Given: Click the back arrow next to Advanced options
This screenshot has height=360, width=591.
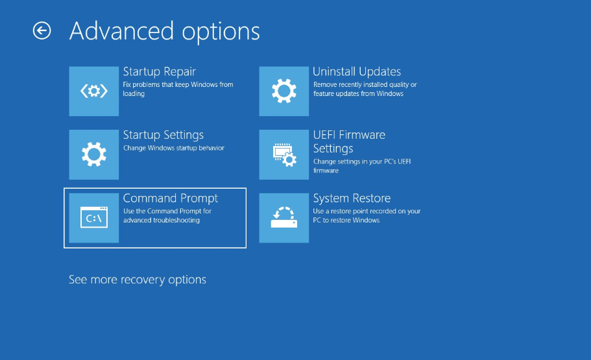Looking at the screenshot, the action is tap(42, 30).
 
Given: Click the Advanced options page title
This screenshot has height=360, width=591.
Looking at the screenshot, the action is tap(165, 31).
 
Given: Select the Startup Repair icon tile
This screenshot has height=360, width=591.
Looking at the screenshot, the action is tap(94, 91).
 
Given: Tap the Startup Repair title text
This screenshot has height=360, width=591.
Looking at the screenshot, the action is tap(160, 71).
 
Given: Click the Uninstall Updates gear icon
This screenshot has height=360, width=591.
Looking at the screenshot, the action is tap(283, 91).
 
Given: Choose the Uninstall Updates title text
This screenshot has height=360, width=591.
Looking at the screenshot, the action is tap(357, 71).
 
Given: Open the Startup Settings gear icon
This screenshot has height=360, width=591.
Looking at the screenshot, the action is tap(94, 154).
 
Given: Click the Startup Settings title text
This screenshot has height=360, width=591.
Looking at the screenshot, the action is tap(163, 135).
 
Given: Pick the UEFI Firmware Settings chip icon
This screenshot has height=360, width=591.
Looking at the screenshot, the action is tap(283, 154).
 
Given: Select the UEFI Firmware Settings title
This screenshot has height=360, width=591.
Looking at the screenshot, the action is tap(349, 142).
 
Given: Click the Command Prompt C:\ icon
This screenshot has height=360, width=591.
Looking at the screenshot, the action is tap(94, 218).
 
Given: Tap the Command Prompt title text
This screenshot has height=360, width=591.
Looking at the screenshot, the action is tap(171, 198).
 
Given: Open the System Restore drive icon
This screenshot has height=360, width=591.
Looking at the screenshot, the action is tap(283, 218).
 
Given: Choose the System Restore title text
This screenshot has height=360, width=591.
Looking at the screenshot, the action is tap(352, 198).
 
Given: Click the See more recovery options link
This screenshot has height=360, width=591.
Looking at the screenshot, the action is tap(137, 280).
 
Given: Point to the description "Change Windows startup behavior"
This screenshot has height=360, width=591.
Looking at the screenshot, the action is tap(174, 148).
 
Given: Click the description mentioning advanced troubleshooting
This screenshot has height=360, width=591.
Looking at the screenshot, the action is tap(167, 215).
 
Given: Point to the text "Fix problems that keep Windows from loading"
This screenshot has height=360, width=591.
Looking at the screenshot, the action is tap(178, 89).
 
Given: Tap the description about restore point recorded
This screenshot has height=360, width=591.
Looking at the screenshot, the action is tap(367, 215).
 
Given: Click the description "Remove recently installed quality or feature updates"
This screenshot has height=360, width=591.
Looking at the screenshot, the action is tap(365, 89).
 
